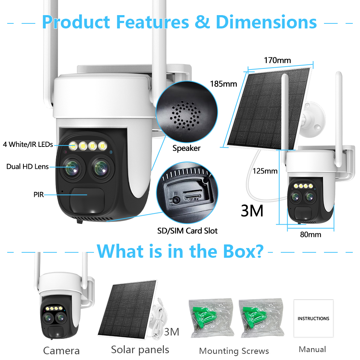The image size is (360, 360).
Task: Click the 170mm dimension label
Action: (277, 60)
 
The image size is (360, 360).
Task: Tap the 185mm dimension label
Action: (224, 84)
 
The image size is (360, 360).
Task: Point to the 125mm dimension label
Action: (265, 171)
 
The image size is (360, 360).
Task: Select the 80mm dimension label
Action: (310, 234)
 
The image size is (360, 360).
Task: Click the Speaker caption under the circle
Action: (186, 148)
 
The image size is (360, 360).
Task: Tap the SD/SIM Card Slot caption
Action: (187, 231)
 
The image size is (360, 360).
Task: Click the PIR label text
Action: (39, 194)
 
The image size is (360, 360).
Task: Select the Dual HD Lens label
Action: (28, 166)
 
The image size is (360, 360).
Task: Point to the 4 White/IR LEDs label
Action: (28, 144)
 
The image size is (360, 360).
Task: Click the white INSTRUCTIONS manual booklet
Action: (314, 318)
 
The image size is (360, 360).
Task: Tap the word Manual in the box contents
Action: (312, 349)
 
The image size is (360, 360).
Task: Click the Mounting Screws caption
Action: (234, 351)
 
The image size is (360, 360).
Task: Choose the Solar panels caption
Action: (140, 350)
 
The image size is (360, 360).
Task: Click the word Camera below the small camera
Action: (61, 351)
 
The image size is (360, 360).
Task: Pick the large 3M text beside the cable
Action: (252, 211)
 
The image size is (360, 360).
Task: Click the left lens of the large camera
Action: (72, 168)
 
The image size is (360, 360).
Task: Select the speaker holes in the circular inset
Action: (185, 116)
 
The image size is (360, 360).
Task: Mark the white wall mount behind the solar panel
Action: (314, 120)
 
